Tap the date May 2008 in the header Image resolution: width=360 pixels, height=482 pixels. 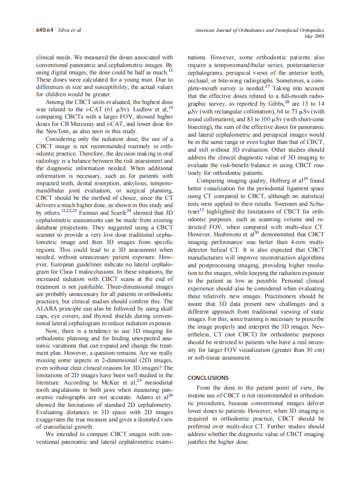point(314,37)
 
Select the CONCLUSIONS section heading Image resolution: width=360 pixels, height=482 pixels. point(208,378)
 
